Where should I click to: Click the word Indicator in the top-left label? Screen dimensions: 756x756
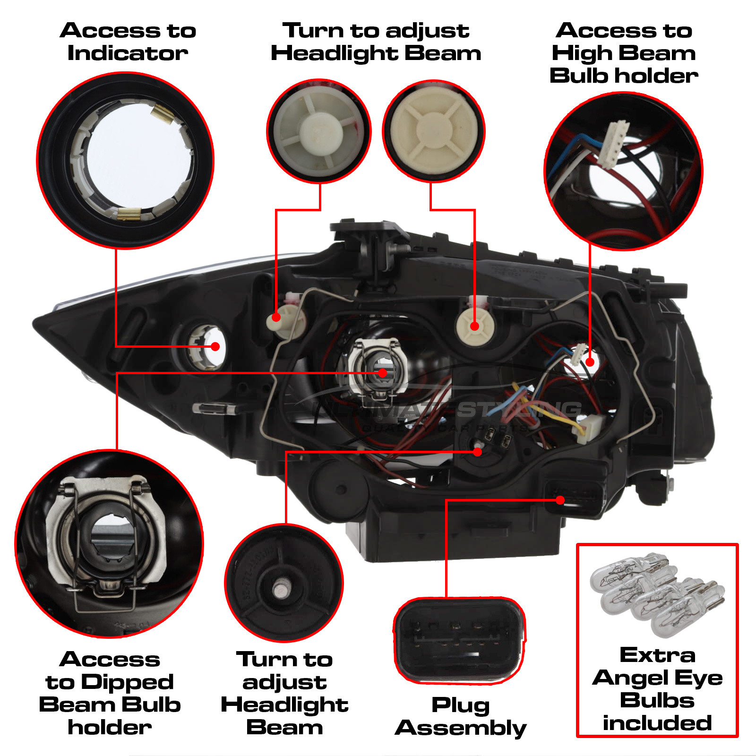click(128, 53)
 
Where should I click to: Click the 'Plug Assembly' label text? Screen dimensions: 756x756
click(461, 716)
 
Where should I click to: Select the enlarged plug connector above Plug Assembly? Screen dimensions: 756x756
click(459, 641)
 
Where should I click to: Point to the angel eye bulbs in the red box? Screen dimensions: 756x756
click(657, 595)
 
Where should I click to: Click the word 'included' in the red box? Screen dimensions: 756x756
click(657, 723)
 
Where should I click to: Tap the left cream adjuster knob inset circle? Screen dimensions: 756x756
click(319, 131)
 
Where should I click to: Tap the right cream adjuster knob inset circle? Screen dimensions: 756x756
click(434, 131)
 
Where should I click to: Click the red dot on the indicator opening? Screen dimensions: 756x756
click(215, 346)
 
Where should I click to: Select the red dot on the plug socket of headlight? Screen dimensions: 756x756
click(560, 500)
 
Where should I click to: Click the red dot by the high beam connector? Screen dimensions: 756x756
click(590, 362)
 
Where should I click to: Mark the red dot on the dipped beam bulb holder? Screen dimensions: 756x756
click(383, 373)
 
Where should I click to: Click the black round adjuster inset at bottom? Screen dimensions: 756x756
click(284, 583)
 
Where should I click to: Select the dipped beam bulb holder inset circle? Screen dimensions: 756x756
click(110, 543)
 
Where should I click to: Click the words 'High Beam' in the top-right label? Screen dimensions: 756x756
click(624, 53)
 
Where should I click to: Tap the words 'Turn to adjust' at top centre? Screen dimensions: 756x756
click(376, 31)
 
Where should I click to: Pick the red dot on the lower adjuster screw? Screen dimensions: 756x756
click(478, 452)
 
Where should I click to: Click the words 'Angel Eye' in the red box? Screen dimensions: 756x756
click(657, 678)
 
